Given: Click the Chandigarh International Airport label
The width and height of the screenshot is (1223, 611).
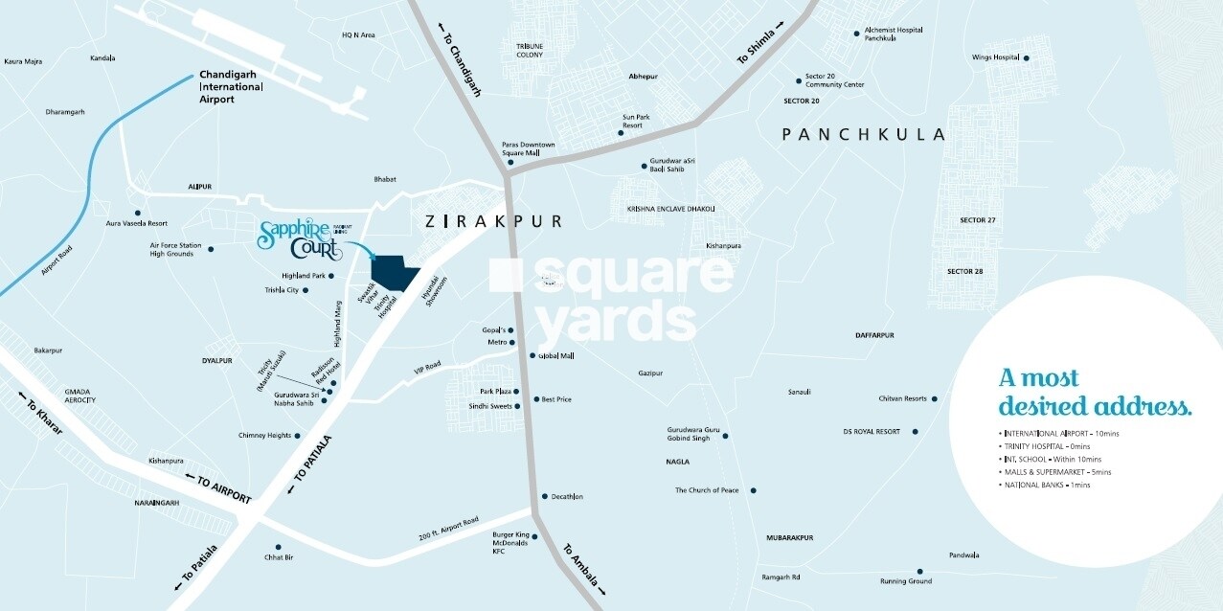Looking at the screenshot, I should [231, 86].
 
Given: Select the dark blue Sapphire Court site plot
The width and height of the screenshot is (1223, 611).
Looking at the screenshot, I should [395, 274].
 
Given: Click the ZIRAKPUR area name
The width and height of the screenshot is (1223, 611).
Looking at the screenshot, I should [492, 221].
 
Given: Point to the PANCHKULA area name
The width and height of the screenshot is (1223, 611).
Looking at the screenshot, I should [863, 135].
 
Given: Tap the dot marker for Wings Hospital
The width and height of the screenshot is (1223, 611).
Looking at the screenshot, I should [1026, 57].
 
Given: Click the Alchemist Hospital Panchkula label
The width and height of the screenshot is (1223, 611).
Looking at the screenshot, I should [893, 34].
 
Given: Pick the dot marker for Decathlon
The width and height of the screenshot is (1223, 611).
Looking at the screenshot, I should [544, 496].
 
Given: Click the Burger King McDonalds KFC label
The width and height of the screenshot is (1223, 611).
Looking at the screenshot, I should [510, 543].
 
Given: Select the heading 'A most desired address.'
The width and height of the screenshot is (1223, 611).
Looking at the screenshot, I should [1095, 393].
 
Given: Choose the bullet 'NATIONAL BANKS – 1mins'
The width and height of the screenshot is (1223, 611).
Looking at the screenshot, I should [1047, 486].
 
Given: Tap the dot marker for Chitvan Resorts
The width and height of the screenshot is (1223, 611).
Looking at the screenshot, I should [934, 398].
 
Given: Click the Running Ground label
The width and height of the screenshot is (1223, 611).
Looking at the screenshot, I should [905, 581].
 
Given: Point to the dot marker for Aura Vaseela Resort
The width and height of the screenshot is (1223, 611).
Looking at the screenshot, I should [138, 213].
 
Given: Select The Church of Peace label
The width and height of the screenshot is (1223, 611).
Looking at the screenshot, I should [707, 490].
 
